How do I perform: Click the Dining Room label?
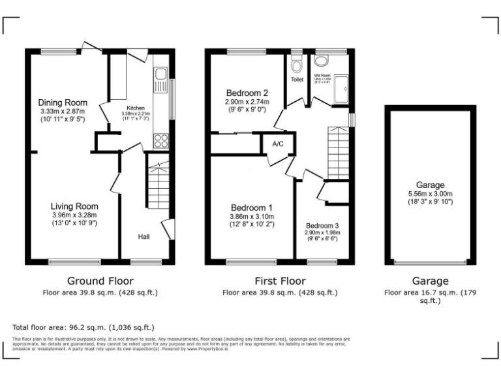[63, 102]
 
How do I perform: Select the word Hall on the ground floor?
[144, 236]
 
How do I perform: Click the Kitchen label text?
[136, 108]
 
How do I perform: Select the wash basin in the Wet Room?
[321, 61]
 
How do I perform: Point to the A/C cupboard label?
[278, 144]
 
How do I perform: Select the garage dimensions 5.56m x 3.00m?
[428, 194]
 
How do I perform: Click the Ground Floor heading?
[100, 281]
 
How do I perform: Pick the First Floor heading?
[281, 281]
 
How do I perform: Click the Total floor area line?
[83, 327]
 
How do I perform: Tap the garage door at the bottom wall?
[428, 262]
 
